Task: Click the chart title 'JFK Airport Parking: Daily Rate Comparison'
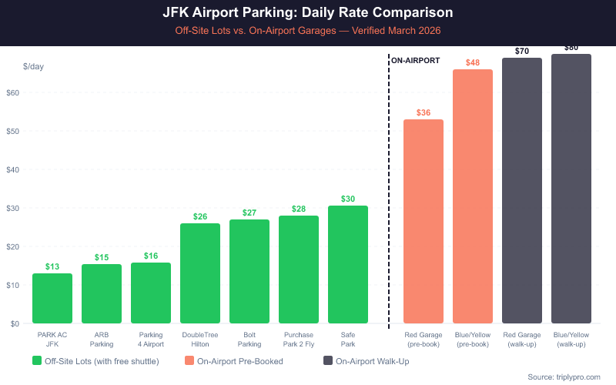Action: [308, 13]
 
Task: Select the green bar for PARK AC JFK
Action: [52, 298]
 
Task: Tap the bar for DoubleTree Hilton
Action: [200, 273]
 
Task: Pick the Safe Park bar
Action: [348, 264]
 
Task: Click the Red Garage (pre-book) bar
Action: [423, 221]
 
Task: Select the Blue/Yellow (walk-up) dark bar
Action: [571, 189]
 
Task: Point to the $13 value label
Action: [52, 266]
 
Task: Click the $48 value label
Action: [473, 62]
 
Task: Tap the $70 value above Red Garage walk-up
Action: [522, 52]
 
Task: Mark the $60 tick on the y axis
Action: [13, 92]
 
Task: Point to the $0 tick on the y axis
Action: [15, 323]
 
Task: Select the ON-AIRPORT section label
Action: [415, 59]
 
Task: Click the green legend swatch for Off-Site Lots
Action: [37, 360]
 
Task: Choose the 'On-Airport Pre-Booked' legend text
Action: [240, 360]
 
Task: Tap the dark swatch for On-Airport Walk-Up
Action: [328, 360]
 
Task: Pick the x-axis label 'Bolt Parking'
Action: [249, 340]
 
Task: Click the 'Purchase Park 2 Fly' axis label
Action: [299, 340]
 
